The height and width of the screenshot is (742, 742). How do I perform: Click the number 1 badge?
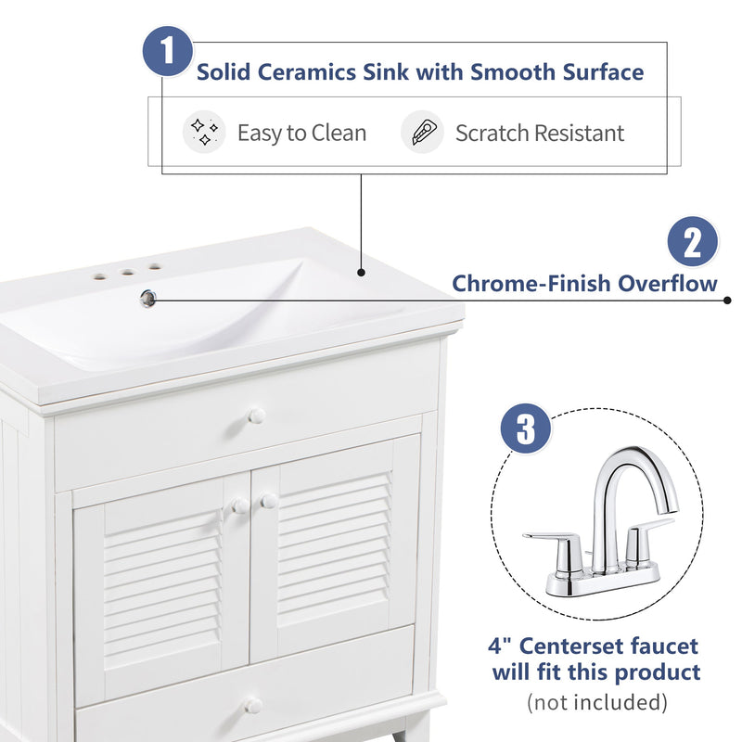pyautogui.click(x=167, y=50)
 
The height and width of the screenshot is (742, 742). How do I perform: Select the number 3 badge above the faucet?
pyautogui.click(x=526, y=430)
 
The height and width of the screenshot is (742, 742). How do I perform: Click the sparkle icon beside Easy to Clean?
pyautogui.click(x=204, y=133)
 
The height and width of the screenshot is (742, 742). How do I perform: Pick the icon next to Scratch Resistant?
pyautogui.click(x=422, y=133)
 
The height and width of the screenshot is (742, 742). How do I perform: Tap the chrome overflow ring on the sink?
pyautogui.click(x=147, y=297)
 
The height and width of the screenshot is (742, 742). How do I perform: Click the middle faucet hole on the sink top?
pyautogui.click(x=124, y=273)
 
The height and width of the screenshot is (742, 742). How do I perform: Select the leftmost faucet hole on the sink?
pyautogui.click(x=97, y=276)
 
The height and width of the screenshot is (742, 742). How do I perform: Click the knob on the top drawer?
pyautogui.click(x=257, y=416)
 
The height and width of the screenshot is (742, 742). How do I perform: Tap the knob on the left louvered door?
pyautogui.click(x=239, y=505)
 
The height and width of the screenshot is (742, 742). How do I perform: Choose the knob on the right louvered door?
pyautogui.click(x=269, y=501)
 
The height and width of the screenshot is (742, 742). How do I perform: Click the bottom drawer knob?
pyautogui.click(x=253, y=706)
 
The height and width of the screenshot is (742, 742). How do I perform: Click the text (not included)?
pyautogui.click(x=596, y=702)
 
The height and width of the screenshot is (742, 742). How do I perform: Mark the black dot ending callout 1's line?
pyautogui.click(x=361, y=274)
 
